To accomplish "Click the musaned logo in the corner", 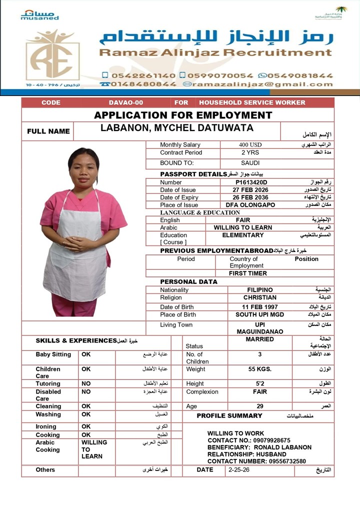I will click(x=39, y=14).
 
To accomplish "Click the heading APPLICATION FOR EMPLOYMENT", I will click(x=183, y=115).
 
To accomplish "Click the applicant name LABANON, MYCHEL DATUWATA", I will click(x=177, y=128).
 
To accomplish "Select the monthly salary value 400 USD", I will click(x=250, y=144).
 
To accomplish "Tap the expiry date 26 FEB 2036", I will click(x=250, y=197).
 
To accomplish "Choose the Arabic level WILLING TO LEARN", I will click(x=243, y=227).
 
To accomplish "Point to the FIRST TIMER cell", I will click(x=248, y=273).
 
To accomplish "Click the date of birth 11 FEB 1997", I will click(x=260, y=307).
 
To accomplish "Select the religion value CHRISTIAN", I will click(x=260, y=297).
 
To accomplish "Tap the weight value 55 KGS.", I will click(x=259, y=369).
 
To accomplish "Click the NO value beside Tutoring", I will click(x=86, y=383).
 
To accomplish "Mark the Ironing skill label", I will click(x=45, y=426).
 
